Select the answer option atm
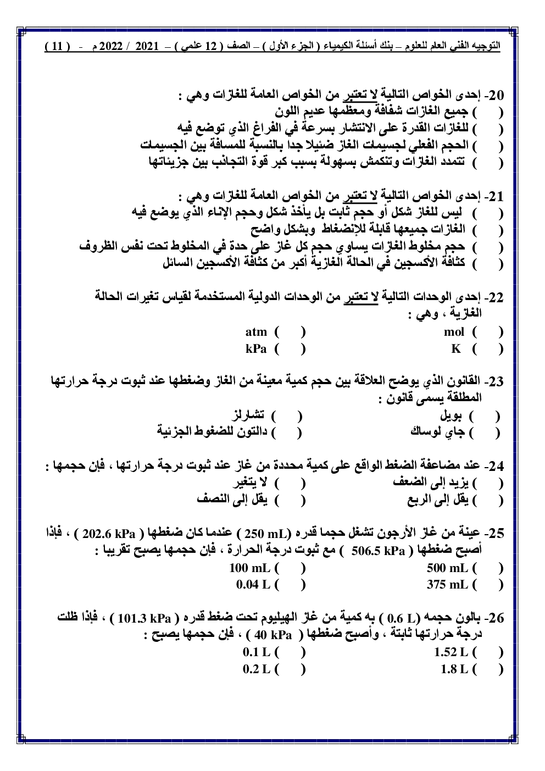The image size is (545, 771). coord(256,332)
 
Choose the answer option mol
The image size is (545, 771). coord(454,332)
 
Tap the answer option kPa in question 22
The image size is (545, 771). coord(256,348)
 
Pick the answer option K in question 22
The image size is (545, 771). coord(455,348)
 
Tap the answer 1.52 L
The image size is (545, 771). coord(451,652)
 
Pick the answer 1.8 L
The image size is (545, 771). coord(454,669)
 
